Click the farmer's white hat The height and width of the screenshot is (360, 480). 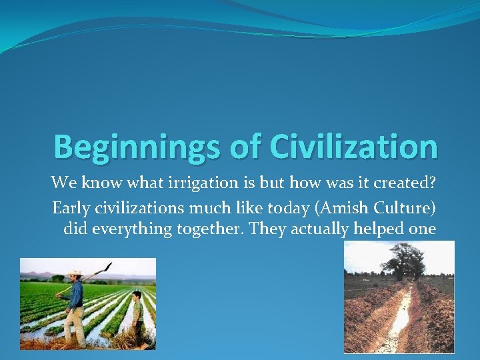[74, 273]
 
